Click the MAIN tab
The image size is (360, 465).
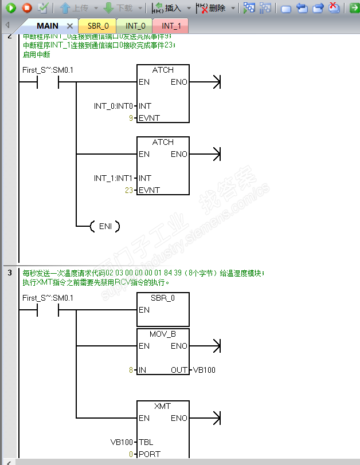point(47,26)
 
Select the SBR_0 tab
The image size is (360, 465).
point(98,26)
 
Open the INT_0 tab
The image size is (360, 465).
point(135,26)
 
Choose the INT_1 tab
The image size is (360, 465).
point(171,26)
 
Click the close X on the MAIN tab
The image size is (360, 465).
point(70,26)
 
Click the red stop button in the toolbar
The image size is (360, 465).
point(26,8)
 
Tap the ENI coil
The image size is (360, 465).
point(105,227)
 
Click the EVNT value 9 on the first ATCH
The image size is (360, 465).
point(131,118)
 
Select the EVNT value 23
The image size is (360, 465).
point(130,190)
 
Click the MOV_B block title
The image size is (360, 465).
point(163,334)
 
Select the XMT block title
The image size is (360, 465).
point(163,406)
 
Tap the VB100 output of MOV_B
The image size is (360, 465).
point(205,370)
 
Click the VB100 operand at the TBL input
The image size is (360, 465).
point(122,442)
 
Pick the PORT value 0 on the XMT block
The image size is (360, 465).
point(131,454)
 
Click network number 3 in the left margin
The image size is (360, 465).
point(10,273)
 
